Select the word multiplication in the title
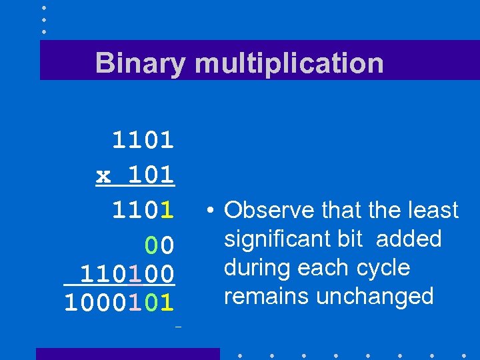(x=289, y=63)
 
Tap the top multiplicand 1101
(x=143, y=140)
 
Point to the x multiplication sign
(x=103, y=175)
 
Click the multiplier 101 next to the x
(x=151, y=175)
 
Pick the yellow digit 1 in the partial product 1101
(x=167, y=211)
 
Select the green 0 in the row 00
(x=151, y=246)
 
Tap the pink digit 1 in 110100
(x=135, y=273)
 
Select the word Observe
(x=269, y=211)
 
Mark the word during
(x=252, y=267)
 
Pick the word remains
(x=267, y=296)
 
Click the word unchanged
(x=375, y=296)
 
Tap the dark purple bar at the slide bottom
(x=127, y=353)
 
